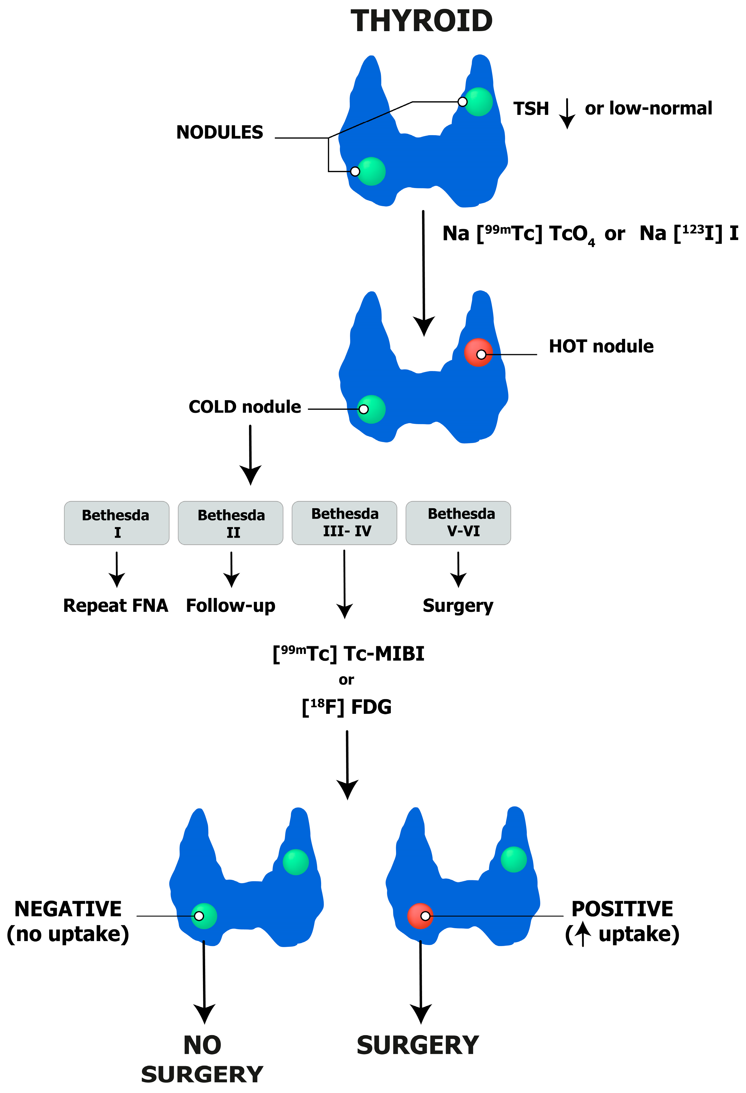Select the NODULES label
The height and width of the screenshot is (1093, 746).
tap(220, 133)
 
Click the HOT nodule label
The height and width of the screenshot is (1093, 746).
tap(601, 347)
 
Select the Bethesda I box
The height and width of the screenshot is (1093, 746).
tap(117, 523)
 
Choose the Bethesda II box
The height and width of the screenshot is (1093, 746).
tap(231, 523)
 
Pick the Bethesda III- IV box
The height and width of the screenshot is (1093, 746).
tap(344, 523)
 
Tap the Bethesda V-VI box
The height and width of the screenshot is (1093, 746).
tap(458, 523)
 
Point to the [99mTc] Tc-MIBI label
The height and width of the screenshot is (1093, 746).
tap(348, 654)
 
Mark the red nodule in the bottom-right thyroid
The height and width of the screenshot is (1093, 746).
tap(420, 916)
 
